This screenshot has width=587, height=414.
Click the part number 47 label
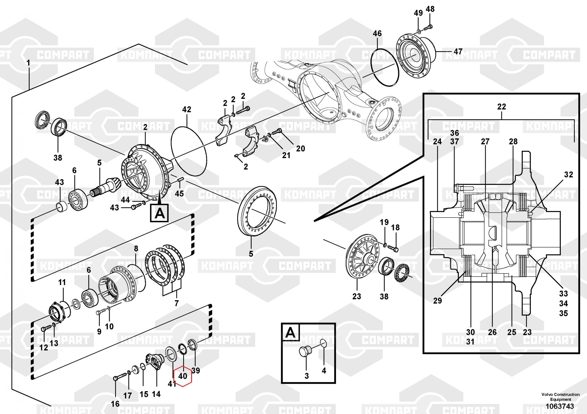(x=458, y=52)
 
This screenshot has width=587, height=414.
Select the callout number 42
(x=187, y=109)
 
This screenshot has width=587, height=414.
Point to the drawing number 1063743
(x=559, y=406)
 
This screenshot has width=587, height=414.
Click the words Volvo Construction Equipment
(x=561, y=397)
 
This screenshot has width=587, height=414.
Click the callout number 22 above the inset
(x=502, y=106)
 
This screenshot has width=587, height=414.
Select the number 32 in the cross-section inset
(x=569, y=174)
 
